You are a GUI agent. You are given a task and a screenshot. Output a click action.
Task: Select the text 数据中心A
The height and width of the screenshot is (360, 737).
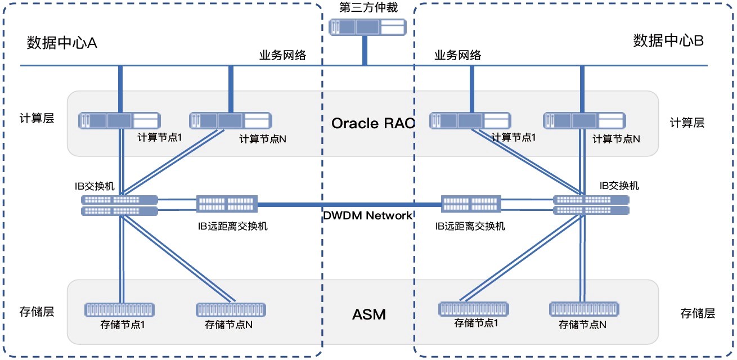coord(62,43)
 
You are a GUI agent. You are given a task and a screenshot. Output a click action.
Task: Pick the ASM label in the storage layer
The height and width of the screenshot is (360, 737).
coord(369,314)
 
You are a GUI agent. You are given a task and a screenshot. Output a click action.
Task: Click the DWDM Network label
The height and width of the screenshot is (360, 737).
coord(368,215)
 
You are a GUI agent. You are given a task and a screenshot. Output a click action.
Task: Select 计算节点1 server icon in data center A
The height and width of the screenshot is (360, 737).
coord(120,120)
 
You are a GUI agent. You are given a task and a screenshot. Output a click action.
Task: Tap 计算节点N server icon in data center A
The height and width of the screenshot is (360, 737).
coord(231,120)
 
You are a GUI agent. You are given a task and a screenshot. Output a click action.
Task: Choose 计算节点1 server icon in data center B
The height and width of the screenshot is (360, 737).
coord(470,120)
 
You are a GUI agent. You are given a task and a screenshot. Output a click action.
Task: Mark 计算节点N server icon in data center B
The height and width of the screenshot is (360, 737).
coord(585,120)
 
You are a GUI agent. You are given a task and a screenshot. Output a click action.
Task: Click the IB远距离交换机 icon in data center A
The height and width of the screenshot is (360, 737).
coord(227,204)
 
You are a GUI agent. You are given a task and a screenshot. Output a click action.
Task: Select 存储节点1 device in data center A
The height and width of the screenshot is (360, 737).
coord(119,309)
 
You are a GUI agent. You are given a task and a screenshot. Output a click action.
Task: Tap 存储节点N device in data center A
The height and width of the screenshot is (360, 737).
coord(231,309)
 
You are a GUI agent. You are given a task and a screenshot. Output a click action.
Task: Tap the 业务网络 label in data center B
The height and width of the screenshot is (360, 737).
coord(458,55)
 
